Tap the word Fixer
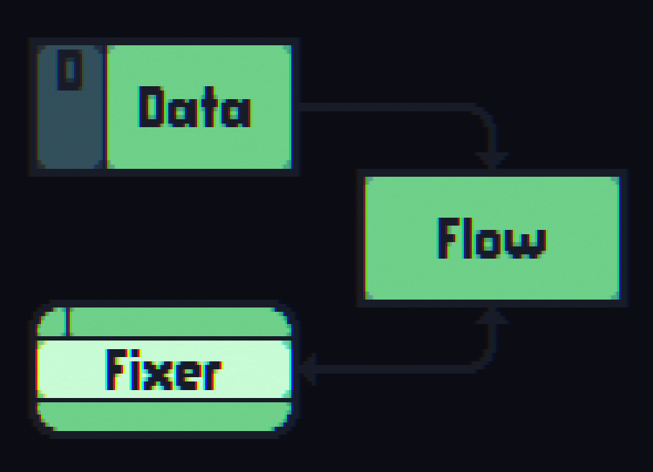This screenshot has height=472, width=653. coord(163,369)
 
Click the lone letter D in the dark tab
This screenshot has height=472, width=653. coord(70,72)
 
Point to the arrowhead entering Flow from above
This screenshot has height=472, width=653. coord(493,160)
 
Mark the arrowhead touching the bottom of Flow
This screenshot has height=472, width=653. coord(493,316)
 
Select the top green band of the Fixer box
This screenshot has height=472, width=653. coord(180,321)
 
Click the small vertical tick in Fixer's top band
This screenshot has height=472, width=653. coord(68,321)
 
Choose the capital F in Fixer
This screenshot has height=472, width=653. coord(117,369)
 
